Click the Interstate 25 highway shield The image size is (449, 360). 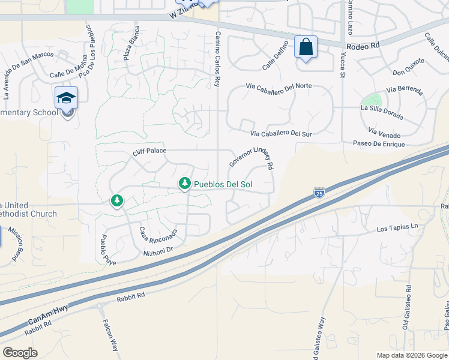click(319, 193)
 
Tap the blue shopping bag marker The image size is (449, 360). click(306, 47)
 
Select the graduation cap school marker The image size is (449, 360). click(66, 98)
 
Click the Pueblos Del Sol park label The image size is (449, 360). click(223, 184)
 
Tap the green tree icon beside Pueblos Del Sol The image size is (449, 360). click(185, 184)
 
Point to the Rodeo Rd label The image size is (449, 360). click(364, 45)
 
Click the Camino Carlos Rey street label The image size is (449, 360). click(218, 59)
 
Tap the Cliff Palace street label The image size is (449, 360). click(149, 151)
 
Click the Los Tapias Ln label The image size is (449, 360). click(397, 229)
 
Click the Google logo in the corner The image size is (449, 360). click(20, 353)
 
